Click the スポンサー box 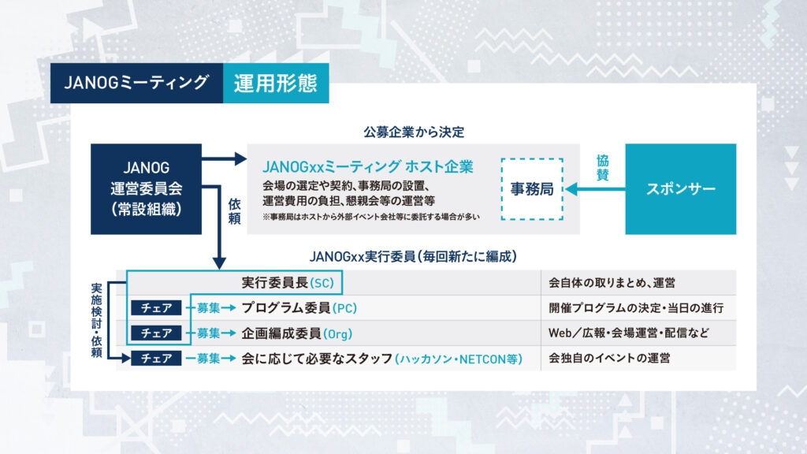(x=680, y=189)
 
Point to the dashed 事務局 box (x=532, y=190)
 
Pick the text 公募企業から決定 (x=413, y=132)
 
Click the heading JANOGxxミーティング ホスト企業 (x=367, y=167)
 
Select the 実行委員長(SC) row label (x=292, y=282)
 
